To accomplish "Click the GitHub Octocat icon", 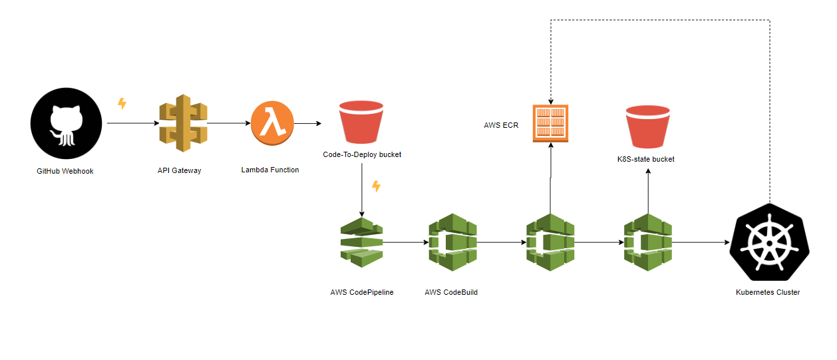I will tap(66, 124).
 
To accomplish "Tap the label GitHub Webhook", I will tap(65, 171).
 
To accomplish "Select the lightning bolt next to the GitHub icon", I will tap(122, 103).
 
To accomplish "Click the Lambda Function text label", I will tap(269, 170).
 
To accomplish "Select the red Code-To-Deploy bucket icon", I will tap(361, 124).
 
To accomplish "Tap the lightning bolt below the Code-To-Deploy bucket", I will tap(376, 186).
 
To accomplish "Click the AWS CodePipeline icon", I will tap(362, 242).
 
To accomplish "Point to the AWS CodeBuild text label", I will tap(451, 292).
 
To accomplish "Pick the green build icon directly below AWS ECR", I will tap(550, 242).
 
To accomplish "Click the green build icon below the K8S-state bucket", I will tap(647, 242).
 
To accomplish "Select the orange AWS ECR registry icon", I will tap(550, 123).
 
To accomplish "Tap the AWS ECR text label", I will tap(501, 125).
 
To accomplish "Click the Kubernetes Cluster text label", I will tap(768, 292).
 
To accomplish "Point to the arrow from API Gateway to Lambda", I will tap(228, 124).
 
